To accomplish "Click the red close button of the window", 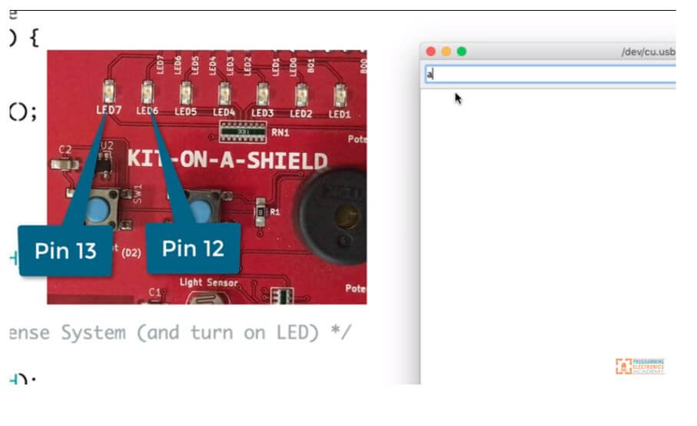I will [431, 52].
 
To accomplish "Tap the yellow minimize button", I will [446, 52].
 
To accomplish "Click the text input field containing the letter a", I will [550, 74].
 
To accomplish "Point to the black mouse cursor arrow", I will [458, 98].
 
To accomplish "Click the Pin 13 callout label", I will [65, 250].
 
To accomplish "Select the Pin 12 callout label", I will [193, 248].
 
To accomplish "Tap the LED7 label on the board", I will [108, 110].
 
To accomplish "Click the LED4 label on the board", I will [224, 112].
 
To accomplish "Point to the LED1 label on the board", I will [340, 114].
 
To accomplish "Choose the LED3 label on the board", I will [262, 113].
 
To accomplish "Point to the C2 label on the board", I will [65, 149].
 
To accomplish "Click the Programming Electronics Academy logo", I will [639, 366].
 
